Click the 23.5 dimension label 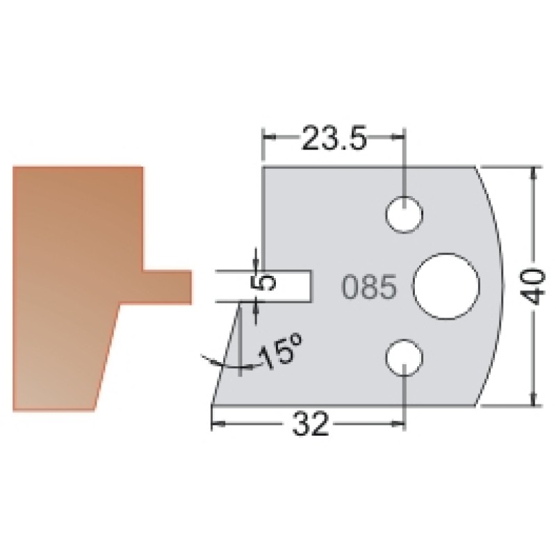pos(334,137)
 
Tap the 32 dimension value pos(310,424)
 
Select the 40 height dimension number pos(534,286)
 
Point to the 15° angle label pos(280,351)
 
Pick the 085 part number pos(369,287)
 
